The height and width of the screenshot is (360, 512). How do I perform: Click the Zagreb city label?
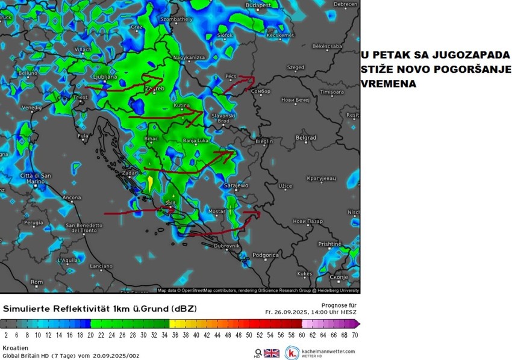155,89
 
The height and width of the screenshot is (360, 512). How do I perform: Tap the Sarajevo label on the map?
236,185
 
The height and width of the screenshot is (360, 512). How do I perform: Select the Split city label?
170,203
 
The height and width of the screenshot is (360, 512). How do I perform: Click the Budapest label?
259,5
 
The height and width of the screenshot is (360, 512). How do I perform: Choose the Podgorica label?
265,255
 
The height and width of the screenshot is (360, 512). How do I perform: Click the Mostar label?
216,211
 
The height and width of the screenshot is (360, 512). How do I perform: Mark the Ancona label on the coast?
72,197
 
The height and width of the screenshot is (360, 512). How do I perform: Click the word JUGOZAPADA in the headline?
460,55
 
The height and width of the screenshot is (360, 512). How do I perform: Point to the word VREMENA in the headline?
389,84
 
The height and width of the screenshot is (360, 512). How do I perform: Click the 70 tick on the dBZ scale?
355,335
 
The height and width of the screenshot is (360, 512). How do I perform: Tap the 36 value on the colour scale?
175,335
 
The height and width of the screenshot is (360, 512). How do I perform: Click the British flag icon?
272,353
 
